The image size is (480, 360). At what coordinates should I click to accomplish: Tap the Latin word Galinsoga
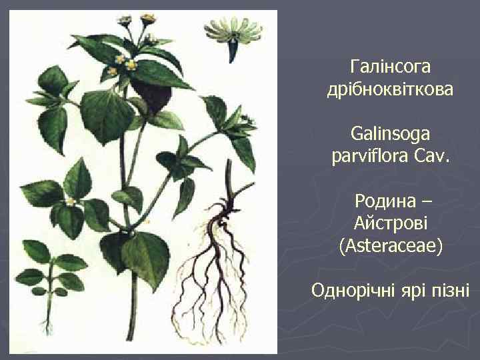click(x=391, y=135)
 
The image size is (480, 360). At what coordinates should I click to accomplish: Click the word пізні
click(x=451, y=291)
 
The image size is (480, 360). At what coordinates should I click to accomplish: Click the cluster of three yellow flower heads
click(x=125, y=63)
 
